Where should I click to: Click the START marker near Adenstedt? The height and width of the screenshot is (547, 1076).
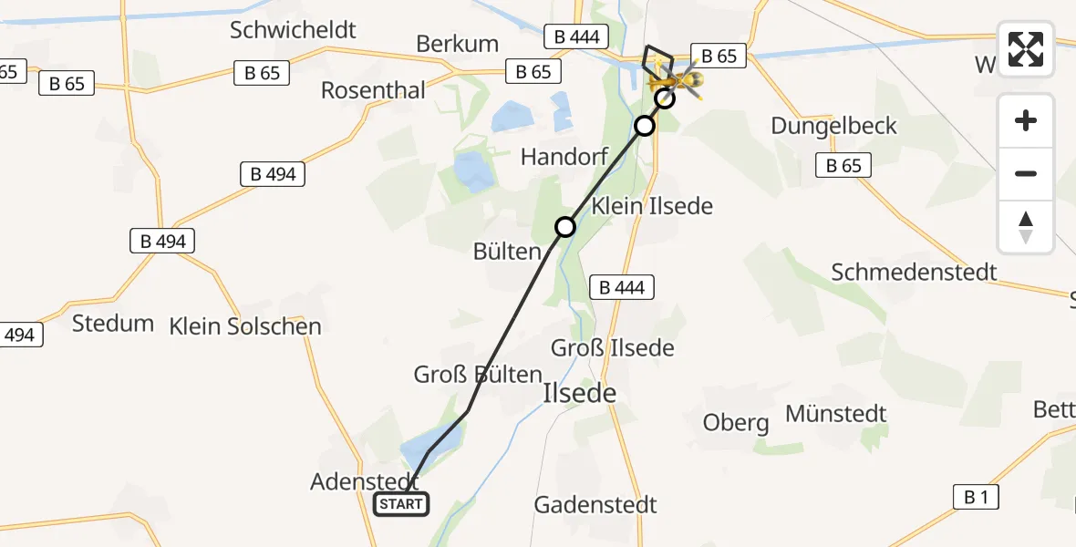[x=401, y=504]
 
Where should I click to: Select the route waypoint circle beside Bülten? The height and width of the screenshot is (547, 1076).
[x=565, y=226]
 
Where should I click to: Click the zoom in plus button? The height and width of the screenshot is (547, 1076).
[x=1026, y=120]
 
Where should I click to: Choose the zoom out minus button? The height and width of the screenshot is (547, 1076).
[x=1026, y=173]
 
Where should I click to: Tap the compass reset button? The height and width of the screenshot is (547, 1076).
[x=1026, y=227]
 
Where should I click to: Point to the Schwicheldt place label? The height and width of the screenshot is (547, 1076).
[x=293, y=30]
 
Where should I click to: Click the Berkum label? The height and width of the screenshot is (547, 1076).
[x=457, y=44]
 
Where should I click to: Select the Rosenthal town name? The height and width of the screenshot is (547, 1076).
[x=373, y=90]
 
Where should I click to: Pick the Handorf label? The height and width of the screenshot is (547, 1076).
[x=564, y=157]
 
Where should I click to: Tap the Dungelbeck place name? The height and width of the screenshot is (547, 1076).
[x=833, y=126]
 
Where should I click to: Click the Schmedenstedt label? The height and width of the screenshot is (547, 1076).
[x=914, y=272]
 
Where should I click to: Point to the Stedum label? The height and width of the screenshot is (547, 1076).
[x=113, y=323]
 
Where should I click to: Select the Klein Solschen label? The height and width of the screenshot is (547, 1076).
[x=245, y=326]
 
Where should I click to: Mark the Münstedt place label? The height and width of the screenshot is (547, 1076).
[x=835, y=414]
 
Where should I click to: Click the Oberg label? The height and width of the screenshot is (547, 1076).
[x=736, y=423]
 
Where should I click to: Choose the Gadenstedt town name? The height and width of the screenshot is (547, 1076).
[x=595, y=504]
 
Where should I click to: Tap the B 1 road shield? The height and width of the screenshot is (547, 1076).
[x=975, y=497]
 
